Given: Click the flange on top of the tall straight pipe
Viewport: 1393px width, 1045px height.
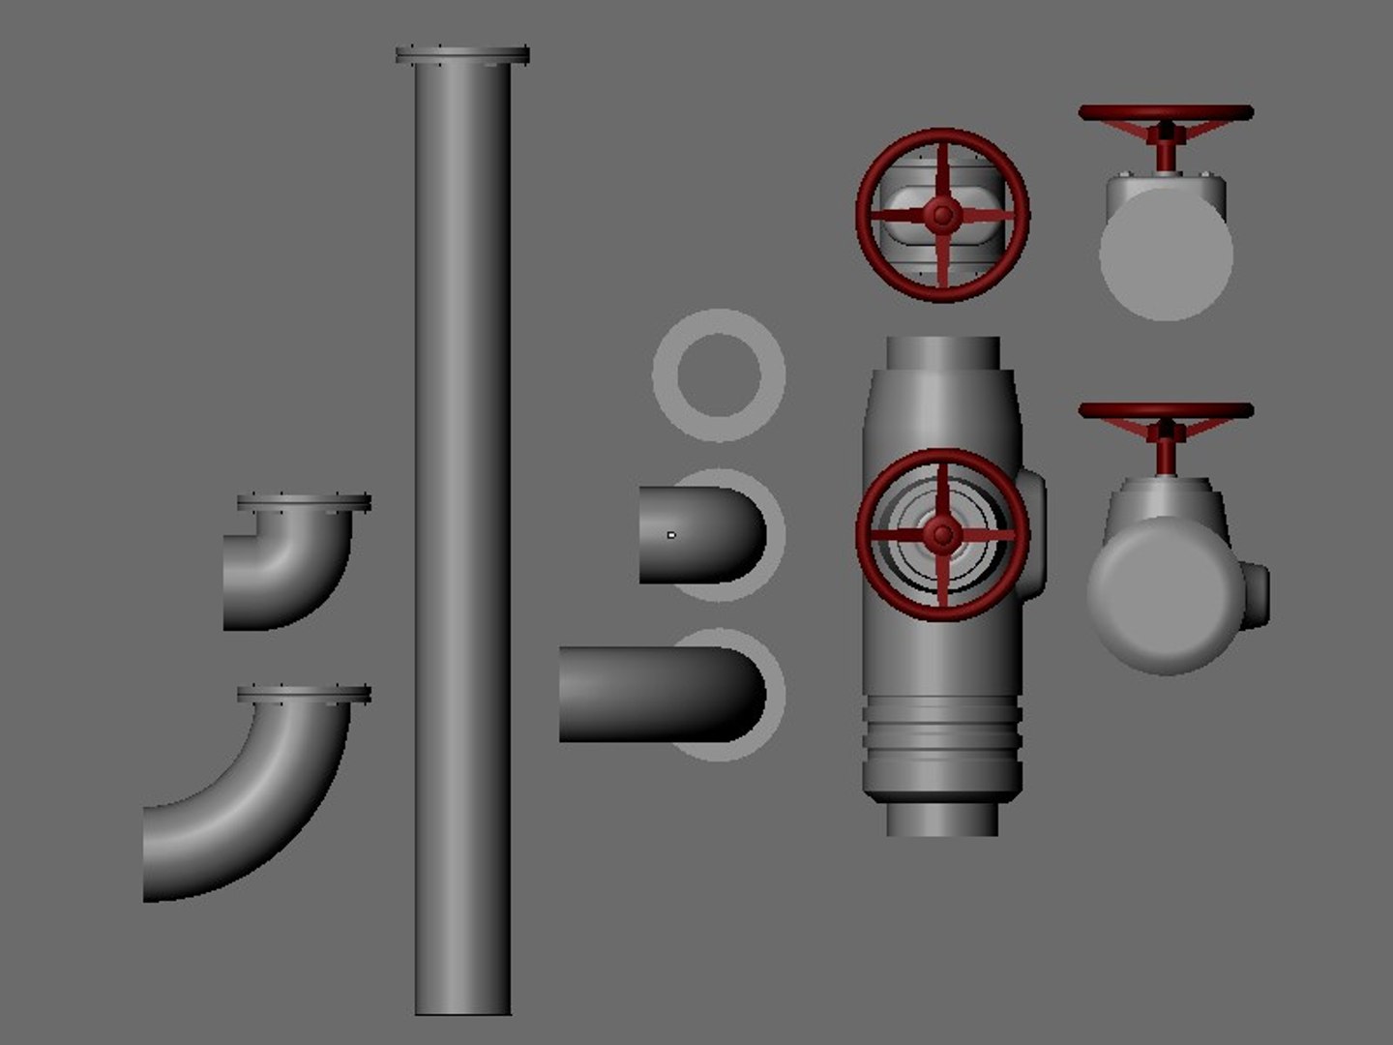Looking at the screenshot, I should (x=462, y=55).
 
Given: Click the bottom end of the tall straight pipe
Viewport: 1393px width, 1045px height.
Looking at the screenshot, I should (x=462, y=1006).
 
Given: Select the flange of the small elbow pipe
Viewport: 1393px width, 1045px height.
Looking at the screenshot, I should (x=304, y=503).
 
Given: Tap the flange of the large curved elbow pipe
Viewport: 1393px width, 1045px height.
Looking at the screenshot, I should (x=304, y=694).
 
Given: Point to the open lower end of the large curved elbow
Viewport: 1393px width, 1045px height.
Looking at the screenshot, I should (x=149, y=851).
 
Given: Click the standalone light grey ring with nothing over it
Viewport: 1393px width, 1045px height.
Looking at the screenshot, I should (x=718, y=375).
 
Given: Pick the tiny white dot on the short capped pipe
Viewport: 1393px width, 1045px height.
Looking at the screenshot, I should (x=671, y=534).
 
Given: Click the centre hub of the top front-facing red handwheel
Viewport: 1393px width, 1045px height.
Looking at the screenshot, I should (x=941, y=216).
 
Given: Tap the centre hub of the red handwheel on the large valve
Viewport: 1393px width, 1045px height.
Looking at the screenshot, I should (x=941, y=533).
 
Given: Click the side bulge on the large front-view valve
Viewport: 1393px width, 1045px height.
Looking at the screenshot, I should (x=1033, y=534).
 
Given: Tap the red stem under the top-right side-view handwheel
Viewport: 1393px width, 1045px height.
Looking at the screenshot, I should (x=1167, y=153).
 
